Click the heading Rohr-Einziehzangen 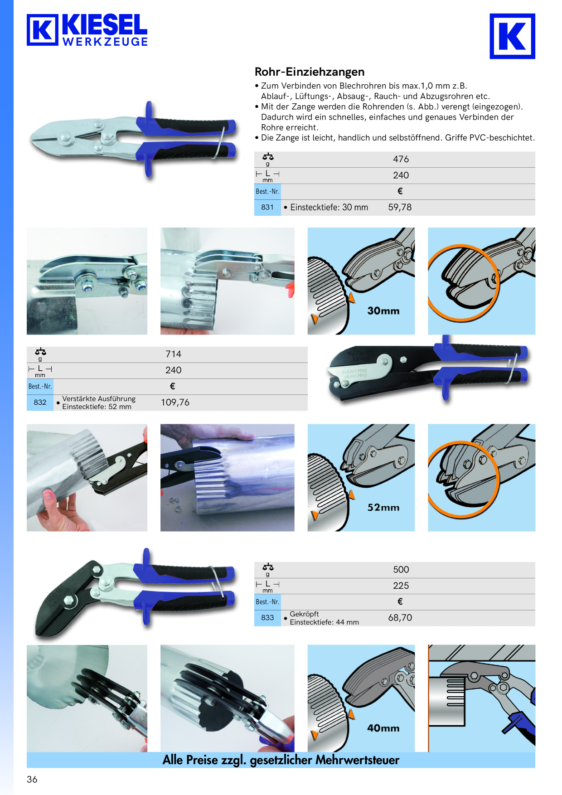310,72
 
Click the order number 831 267,207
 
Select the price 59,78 400,207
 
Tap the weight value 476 401,159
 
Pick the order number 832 40,402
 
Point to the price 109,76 175,402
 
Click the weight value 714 173,354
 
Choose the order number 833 267,617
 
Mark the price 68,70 400,618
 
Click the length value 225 401,586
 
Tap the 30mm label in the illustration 383,311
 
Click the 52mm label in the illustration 383,508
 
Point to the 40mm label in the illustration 383,728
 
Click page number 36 32,779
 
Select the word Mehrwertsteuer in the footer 357,760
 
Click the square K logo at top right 512,36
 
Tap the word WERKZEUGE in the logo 105,42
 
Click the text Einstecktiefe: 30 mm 329,207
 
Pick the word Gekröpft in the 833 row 304,614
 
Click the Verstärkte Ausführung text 99,398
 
